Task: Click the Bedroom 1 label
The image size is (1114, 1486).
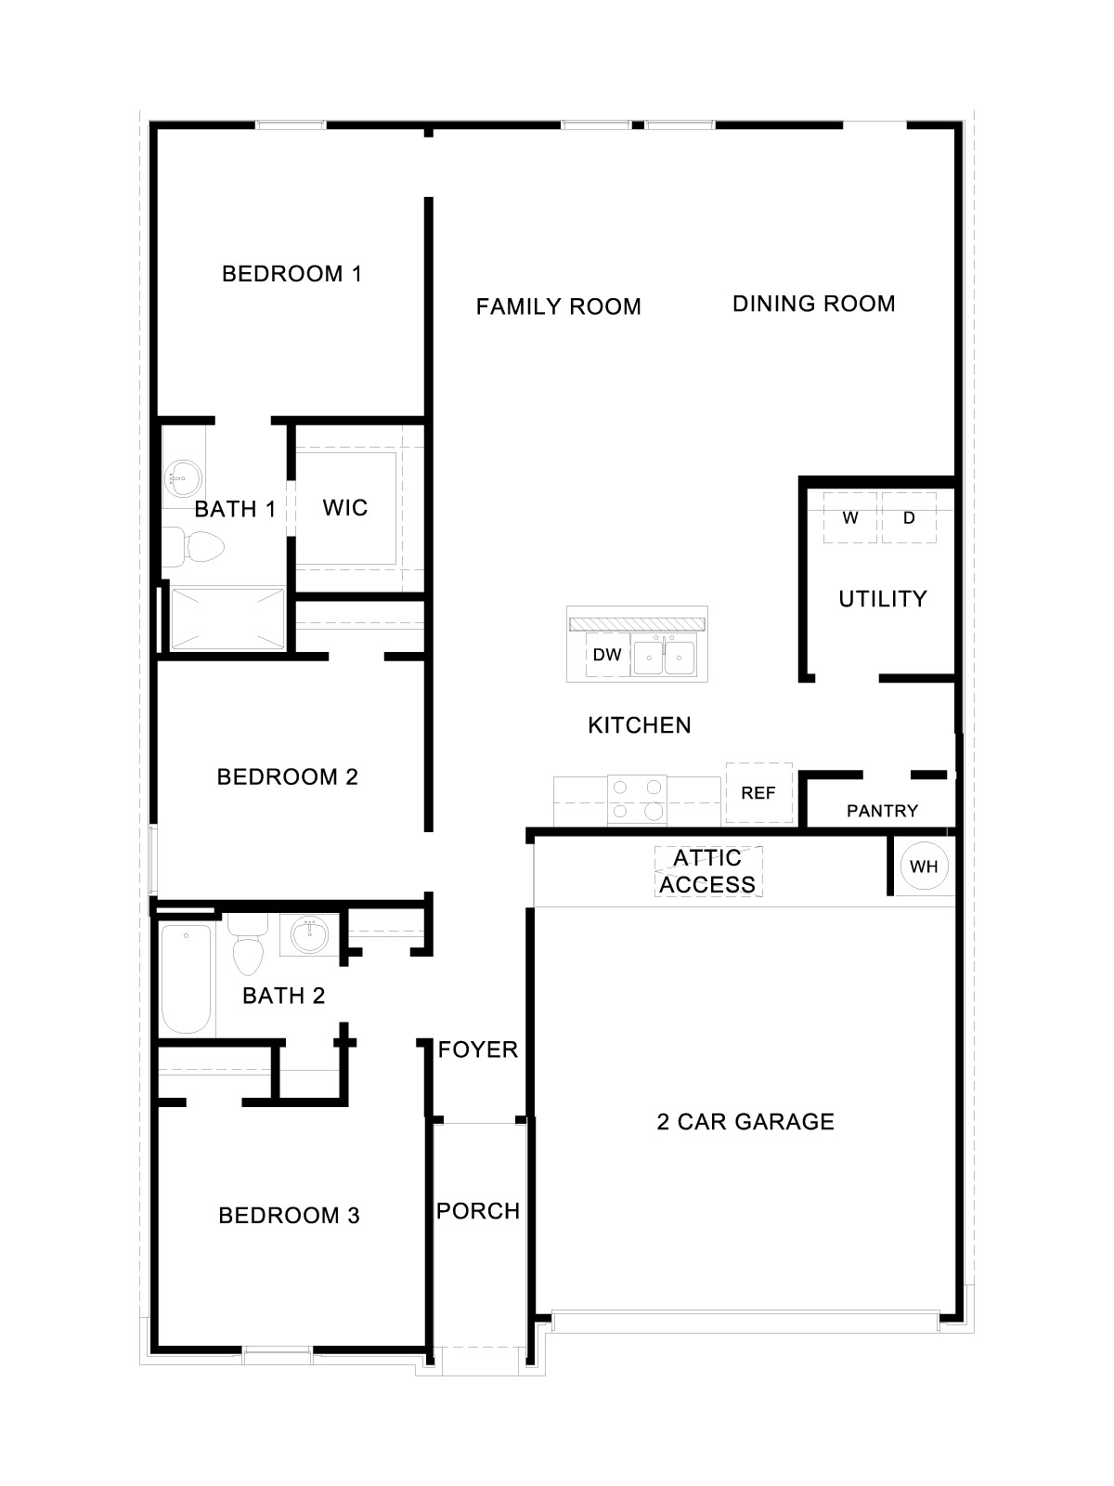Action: click(x=291, y=274)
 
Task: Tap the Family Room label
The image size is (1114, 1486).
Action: click(x=558, y=306)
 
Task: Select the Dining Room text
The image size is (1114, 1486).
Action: click(x=813, y=304)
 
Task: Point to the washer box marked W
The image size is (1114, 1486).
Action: click(x=850, y=518)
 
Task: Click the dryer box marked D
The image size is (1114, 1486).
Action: click(x=909, y=518)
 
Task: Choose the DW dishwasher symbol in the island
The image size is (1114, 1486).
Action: click(x=607, y=655)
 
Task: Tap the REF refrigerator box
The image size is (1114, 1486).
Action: click(x=758, y=793)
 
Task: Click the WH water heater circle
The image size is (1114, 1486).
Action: click(x=924, y=867)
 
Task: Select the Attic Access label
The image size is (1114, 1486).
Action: click(x=708, y=871)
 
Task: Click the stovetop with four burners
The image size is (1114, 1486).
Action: click(x=637, y=800)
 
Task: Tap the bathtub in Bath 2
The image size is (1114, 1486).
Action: click(x=186, y=978)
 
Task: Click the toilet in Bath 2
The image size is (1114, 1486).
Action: click(x=247, y=947)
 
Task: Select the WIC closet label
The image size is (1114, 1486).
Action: click(x=345, y=508)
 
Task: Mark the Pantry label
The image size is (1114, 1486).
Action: click(x=882, y=811)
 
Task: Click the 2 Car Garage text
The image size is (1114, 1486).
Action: click(x=745, y=1122)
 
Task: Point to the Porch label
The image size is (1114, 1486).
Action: click(x=478, y=1211)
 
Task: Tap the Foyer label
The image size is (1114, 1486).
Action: click(x=478, y=1049)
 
